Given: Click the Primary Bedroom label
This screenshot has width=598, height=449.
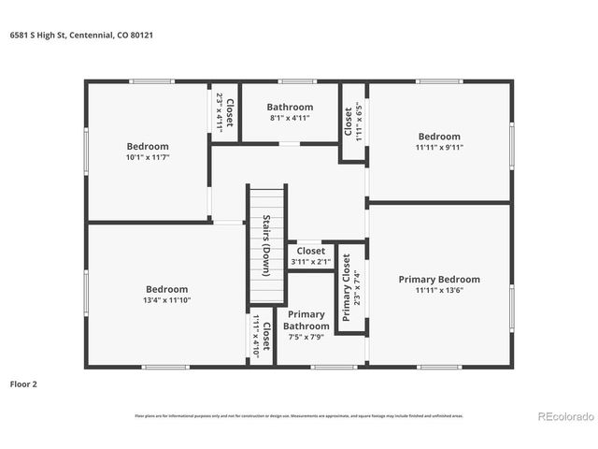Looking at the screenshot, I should (439, 280).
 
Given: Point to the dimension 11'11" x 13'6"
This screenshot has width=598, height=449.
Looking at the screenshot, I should (439, 291).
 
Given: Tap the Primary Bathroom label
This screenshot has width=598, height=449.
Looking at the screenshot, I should (306, 320).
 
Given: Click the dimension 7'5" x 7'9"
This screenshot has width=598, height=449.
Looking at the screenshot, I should (306, 337).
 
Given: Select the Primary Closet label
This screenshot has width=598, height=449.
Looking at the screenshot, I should (347, 287).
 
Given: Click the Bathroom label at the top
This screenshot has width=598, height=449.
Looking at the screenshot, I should (290, 108).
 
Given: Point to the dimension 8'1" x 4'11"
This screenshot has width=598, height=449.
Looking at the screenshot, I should (290, 119).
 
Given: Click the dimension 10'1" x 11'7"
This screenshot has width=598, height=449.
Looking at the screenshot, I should (148, 158).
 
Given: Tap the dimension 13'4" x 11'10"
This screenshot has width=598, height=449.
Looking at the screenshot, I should (166, 301).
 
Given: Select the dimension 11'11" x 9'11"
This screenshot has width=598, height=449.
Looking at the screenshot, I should (439, 147).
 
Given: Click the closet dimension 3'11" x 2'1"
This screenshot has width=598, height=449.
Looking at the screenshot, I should (311, 262).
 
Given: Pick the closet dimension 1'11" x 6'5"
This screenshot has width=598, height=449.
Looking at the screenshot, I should (359, 122).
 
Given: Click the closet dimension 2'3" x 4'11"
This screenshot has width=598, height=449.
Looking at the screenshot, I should (220, 112).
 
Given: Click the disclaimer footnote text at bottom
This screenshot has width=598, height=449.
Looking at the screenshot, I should (299, 415).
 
